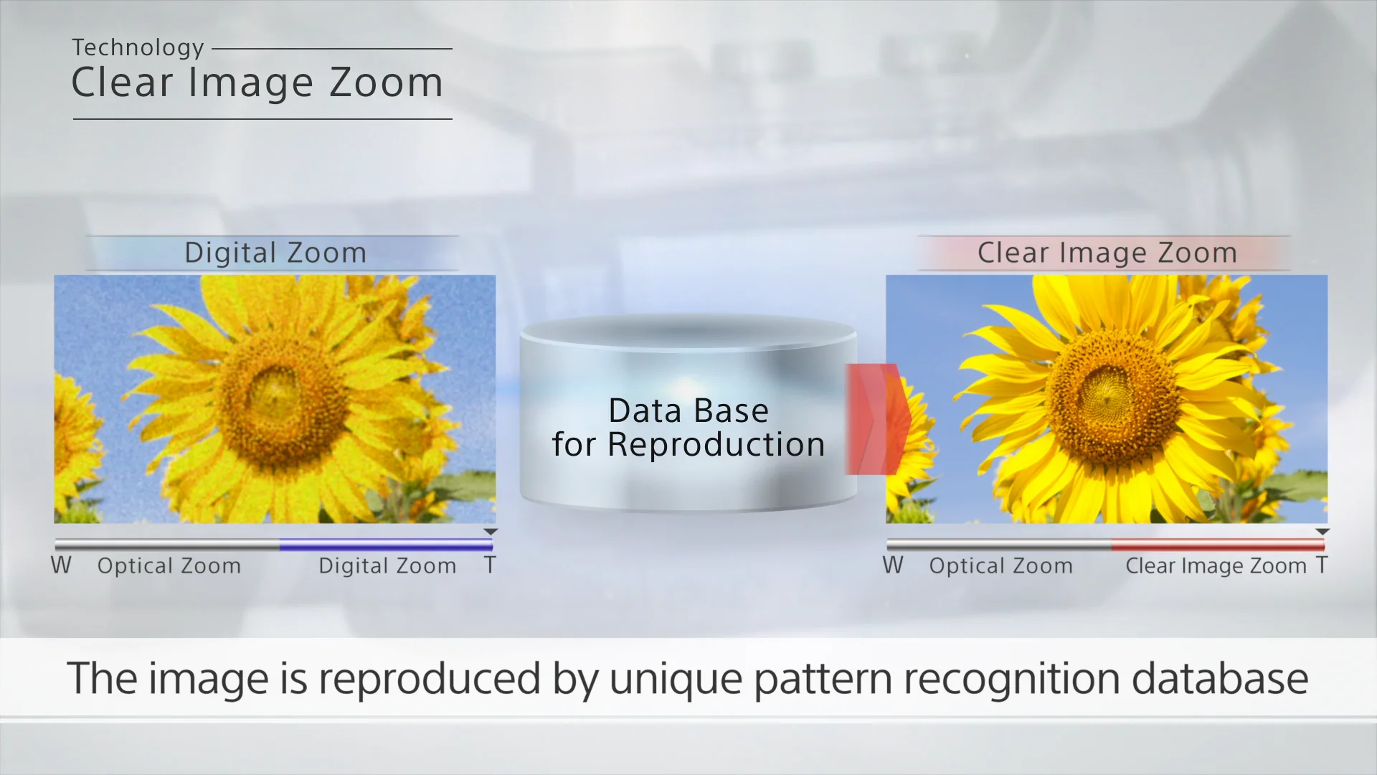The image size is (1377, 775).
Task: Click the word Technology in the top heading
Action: (x=138, y=48)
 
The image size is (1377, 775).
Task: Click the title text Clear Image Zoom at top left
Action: (x=257, y=83)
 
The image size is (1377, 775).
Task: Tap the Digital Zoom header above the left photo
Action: (x=275, y=253)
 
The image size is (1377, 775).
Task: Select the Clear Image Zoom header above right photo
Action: (x=1107, y=253)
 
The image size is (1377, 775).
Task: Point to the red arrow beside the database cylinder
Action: (x=878, y=419)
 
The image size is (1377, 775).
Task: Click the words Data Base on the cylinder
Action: (x=688, y=411)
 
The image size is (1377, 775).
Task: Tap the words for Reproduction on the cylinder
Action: (x=688, y=445)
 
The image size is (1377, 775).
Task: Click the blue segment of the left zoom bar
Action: (x=386, y=545)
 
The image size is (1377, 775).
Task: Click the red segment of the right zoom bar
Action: (x=1218, y=545)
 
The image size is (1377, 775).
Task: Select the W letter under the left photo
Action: (x=61, y=565)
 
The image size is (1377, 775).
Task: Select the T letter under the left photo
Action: (x=490, y=565)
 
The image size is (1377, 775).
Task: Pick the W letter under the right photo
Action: (x=893, y=565)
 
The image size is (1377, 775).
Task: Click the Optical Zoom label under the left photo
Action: (x=169, y=566)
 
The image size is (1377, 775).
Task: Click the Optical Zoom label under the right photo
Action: (x=1001, y=566)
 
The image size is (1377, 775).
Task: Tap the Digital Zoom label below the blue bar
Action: (x=387, y=566)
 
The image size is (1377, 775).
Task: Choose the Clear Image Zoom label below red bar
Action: (x=1216, y=566)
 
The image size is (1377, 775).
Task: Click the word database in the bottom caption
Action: (x=1220, y=678)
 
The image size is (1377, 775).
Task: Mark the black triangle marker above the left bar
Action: (x=491, y=532)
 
